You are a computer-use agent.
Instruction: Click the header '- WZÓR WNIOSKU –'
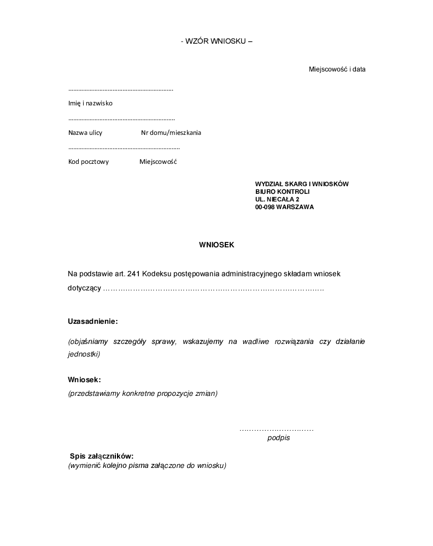[x=216, y=41]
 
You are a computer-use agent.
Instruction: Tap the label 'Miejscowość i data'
[x=337, y=69]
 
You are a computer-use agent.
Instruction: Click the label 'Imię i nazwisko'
[x=90, y=103]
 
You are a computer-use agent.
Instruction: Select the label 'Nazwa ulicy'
[x=85, y=133]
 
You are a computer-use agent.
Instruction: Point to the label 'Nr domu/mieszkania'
[x=171, y=133]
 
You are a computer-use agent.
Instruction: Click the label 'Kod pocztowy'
[x=89, y=162]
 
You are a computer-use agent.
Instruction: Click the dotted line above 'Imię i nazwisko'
[x=120, y=89]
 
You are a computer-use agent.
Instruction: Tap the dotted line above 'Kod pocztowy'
[x=124, y=148]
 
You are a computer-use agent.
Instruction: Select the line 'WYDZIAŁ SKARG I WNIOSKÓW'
[x=302, y=184]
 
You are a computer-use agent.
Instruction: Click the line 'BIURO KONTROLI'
[x=282, y=192]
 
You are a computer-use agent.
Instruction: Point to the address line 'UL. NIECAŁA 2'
[x=277, y=199]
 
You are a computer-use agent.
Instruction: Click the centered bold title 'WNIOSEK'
[x=216, y=245]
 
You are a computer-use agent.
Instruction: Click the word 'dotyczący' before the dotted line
[x=84, y=288]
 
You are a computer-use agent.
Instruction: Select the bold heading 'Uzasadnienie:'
[x=93, y=321]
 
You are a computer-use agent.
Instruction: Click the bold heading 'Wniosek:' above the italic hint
[x=85, y=379]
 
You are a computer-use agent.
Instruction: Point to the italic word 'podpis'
[x=278, y=438]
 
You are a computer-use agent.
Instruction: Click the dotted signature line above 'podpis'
[x=276, y=430]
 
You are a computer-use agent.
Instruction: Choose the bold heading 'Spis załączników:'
[x=102, y=456]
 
